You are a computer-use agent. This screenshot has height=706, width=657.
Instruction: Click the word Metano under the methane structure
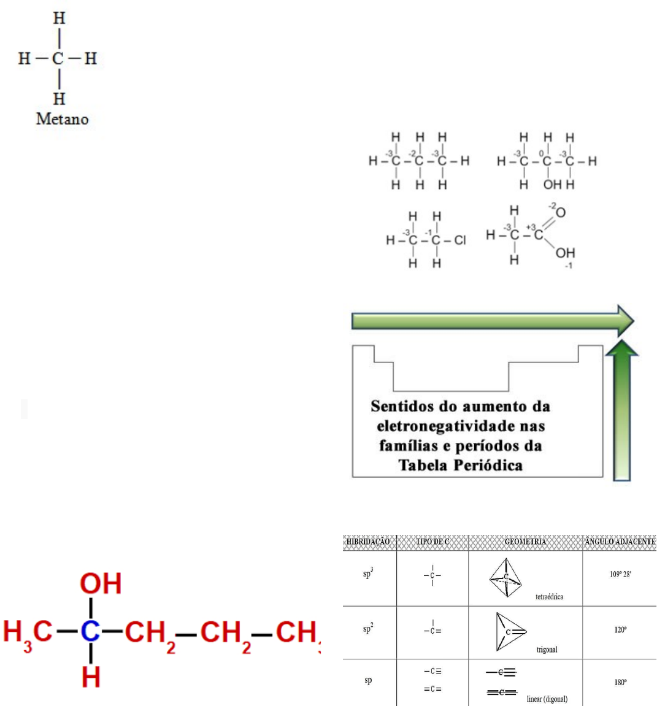tap(62, 119)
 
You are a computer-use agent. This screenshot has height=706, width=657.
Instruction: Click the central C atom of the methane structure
tap(58, 59)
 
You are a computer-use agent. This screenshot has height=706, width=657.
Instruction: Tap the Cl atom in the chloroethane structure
tap(459, 240)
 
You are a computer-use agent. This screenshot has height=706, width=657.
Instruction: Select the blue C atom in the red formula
tap(90, 631)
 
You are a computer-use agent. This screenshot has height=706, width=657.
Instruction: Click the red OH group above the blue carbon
tap(101, 583)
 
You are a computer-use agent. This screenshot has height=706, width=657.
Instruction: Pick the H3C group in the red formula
tap(28, 632)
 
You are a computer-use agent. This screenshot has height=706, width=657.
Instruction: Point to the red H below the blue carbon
tap(91, 677)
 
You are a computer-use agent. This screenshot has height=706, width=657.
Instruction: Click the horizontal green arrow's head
tap(624, 321)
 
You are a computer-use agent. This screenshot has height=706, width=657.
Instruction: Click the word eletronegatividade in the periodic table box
tap(461, 426)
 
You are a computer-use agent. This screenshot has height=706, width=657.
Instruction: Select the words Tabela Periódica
tap(460, 465)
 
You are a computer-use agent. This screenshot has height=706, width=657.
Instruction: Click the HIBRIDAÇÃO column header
tap(368, 542)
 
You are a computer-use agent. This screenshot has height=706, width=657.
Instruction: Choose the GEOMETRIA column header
tap(525, 542)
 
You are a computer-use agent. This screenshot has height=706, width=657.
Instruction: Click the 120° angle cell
tap(620, 629)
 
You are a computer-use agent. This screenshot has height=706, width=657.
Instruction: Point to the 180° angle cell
tap(620, 682)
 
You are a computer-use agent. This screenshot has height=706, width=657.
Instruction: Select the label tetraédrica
tap(549, 596)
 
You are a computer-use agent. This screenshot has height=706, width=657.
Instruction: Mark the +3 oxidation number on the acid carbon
tap(531, 227)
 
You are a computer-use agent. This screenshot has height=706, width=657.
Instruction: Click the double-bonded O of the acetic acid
tap(560, 213)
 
